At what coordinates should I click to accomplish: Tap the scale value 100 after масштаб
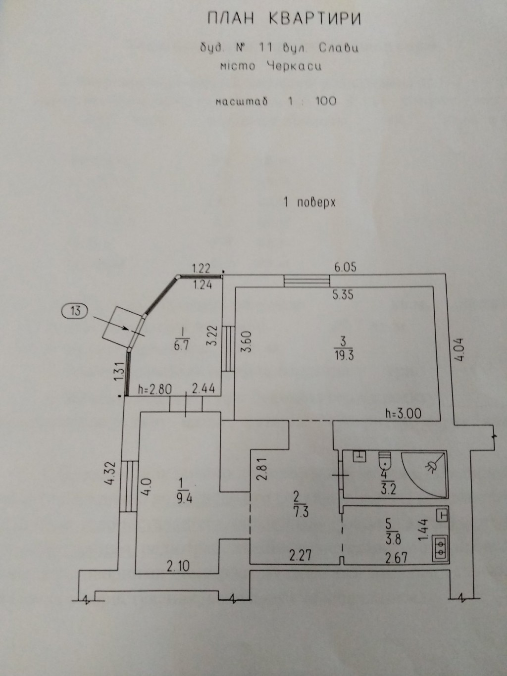pos(325,101)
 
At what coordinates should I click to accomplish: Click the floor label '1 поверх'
pos(309,202)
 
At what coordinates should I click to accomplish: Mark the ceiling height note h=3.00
pos(403,413)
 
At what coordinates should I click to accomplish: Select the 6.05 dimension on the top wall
pos(346,268)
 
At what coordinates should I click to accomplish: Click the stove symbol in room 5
pos(440,549)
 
